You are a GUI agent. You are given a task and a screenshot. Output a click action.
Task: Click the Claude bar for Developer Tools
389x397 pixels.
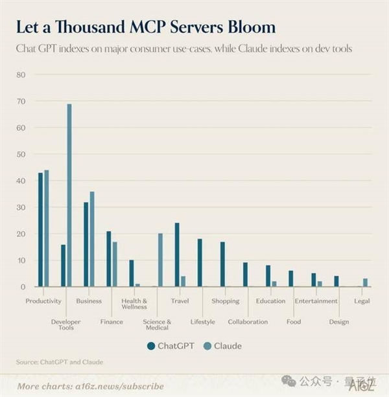pyautogui.click(x=69, y=195)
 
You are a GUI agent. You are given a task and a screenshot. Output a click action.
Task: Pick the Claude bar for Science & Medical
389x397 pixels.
pyautogui.click(x=160, y=260)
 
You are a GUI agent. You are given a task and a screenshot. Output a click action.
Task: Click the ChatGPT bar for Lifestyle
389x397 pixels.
pyautogui.click(x=200, y=262)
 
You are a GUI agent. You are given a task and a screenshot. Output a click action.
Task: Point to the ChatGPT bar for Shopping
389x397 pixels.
pyautogui.click(x=222, y=264)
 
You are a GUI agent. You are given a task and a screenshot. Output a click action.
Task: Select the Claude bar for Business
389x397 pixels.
pyautogui.click(x=92, y=239)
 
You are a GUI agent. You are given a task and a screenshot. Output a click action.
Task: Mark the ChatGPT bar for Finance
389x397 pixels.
pyautogui.click(x=109, y=258)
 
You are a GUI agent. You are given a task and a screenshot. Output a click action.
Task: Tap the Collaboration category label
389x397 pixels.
pyautogui.click(x=248, y=322)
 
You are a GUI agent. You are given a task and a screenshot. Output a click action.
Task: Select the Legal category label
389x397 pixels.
pyautogui.click(x=362, y=301)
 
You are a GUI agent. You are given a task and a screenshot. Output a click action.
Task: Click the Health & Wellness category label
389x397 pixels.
pyautogui.click(x=134, y=304)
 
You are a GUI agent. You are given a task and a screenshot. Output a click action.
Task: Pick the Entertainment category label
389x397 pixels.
pyautogui.click(x=316, y=301)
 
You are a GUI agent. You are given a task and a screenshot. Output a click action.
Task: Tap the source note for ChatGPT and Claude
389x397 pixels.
pyautogui.click(x=60, y=361)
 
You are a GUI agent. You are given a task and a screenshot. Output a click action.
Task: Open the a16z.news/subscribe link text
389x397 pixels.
pyautogui.click(x=118, y=386)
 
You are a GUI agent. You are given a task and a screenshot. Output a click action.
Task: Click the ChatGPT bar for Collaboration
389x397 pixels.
pyautogui.click(x=245, y=274)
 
